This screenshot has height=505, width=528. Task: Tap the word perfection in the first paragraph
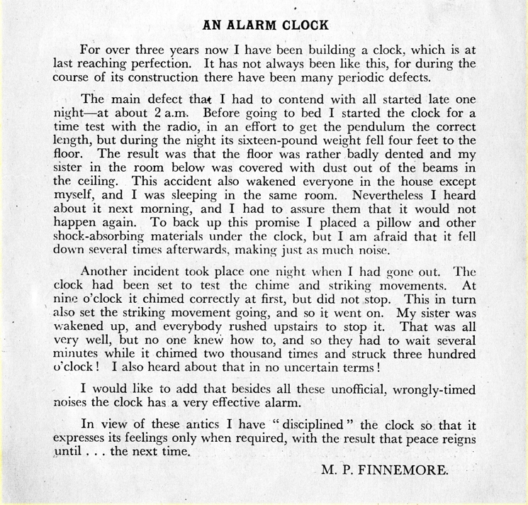click(156, 62)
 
